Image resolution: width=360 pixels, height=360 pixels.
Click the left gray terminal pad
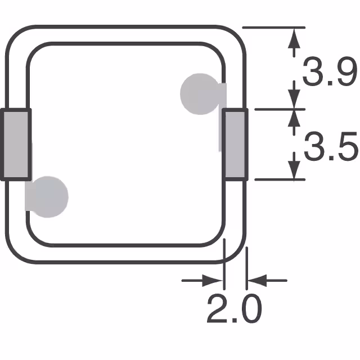click(x=16, y=144)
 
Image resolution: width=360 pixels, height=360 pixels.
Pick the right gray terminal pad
click(x=235, y=144)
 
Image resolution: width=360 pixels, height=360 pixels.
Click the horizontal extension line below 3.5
click(x=276, y=179)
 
